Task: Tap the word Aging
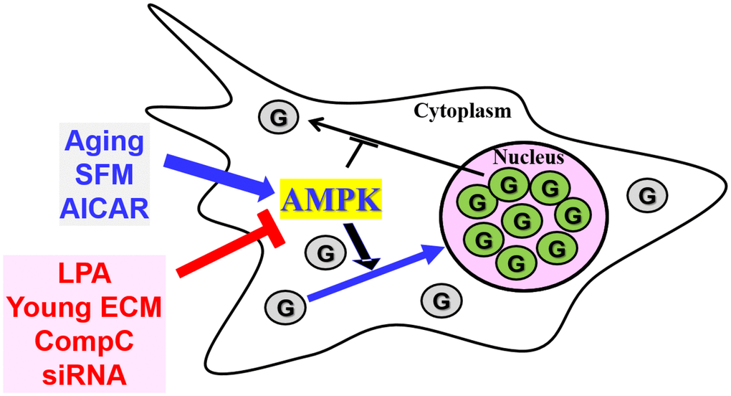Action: [x=104, y=141]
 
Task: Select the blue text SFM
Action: [x=104, y=174]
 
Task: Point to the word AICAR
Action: [x=104, y=207]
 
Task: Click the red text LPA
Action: [x=85, y=275]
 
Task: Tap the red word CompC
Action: [x=85, y=341]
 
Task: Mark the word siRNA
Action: [x=85, y=374]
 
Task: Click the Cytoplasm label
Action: [x=462, y=111]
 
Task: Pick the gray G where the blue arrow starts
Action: [x=283, y=308]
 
